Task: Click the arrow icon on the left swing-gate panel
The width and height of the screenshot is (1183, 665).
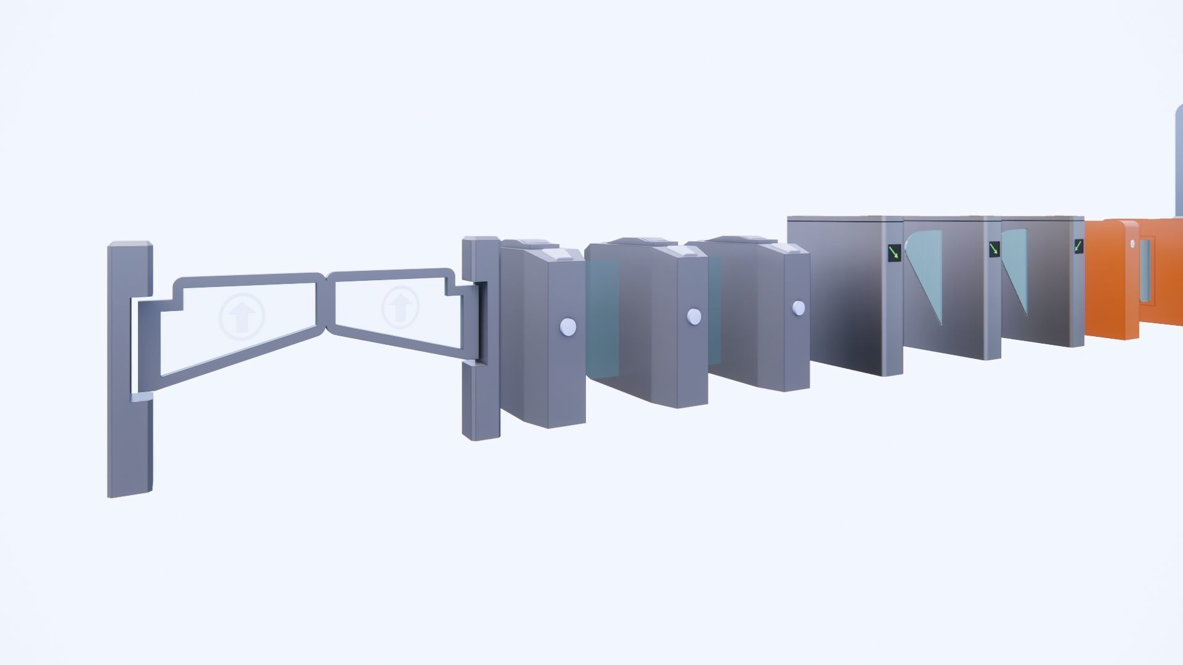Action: tap(242, 315)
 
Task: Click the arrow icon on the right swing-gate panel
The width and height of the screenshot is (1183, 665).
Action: tap(400, 307)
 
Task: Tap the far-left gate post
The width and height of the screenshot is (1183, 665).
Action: tap(129, 369)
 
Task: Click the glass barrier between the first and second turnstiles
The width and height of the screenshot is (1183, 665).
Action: tap(603, 320)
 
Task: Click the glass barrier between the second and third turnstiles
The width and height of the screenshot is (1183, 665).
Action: tap(715, 308)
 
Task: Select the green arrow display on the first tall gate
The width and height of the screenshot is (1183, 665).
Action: tap(894, 251)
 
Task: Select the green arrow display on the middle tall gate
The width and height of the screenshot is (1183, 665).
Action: tap(994, 249)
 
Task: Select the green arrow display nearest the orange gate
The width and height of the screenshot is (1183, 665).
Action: tap(1078, 246)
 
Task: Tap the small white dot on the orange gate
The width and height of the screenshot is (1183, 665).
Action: tap(1132, 244)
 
